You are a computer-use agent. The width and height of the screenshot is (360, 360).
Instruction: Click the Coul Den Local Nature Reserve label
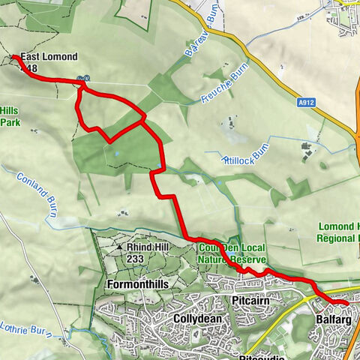click(231, 253)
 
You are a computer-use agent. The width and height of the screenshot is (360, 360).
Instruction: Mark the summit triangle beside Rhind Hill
click(119, 246)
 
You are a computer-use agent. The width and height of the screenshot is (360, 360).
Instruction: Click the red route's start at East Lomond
click(14, 56)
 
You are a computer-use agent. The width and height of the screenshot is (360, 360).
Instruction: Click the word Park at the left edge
click(9, 121)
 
